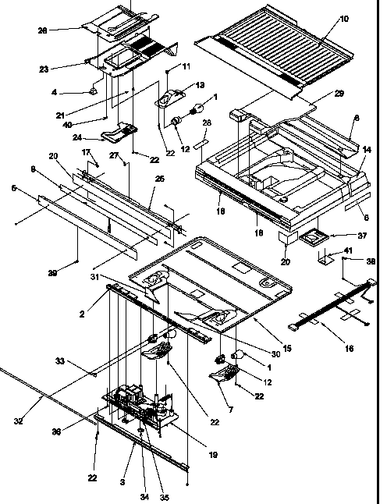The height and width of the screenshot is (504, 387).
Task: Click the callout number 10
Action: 345,17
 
